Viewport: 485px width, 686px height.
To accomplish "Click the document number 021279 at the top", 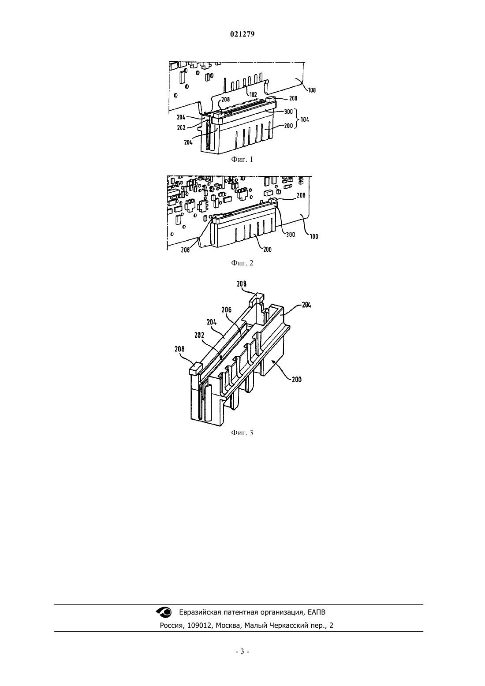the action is click(242, 34).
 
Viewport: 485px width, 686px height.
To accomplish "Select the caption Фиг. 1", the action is click(242, 159).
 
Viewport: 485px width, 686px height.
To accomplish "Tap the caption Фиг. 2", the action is click(242, 263).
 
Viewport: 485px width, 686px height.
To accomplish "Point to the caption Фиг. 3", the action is click(242, 432).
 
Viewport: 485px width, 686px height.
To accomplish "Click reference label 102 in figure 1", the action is click(253, 95).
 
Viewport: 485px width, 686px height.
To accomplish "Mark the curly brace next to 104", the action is click(296, 119).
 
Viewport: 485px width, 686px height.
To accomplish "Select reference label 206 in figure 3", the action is click(227, 310).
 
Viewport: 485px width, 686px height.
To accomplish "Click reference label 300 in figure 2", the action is click(290, 235).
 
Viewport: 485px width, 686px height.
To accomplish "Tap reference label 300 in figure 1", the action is click(288, 112).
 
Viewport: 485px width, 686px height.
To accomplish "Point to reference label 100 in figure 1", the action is click(312, 90).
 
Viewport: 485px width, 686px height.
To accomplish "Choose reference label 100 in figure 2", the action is click(314, 236).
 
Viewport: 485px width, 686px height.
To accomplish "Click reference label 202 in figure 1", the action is click(181, 128).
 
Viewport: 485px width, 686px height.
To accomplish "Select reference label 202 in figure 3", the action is click(199, 335).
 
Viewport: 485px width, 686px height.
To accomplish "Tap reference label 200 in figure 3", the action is click(296, 380).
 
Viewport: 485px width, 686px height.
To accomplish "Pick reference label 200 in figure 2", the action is click(267, 250).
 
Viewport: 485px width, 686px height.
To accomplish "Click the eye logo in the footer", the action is click(164, 612).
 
